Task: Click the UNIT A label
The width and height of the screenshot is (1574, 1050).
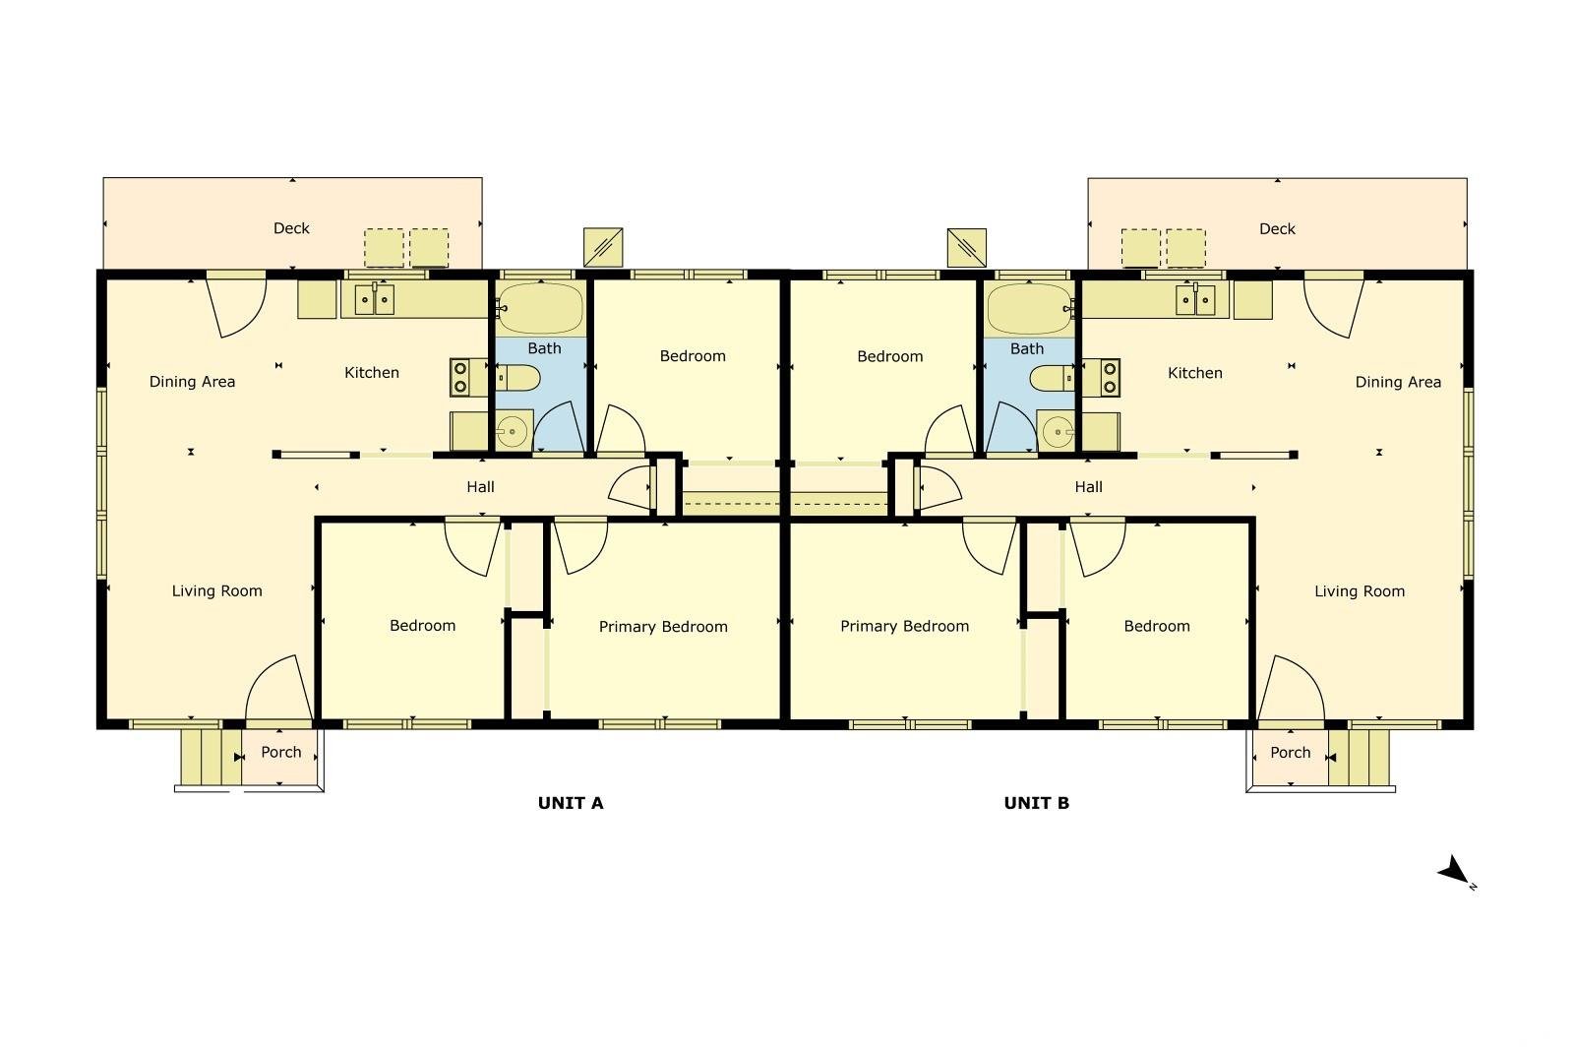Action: click(x=571, y=803)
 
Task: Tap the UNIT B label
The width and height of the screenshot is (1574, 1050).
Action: click(x=1037, y=803)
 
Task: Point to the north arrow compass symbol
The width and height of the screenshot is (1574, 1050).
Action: click(x=1455, y=872)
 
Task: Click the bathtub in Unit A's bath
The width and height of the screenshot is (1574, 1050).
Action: click(x=540, y=308)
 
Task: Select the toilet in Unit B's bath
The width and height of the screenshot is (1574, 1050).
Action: click(x=1052, y=379)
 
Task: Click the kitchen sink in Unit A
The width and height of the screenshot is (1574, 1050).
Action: click(x=374, y=300)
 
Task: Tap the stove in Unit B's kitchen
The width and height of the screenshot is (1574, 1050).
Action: click(x=1101, y=378)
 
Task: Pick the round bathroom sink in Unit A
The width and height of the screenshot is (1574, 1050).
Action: click(x=513, y=430)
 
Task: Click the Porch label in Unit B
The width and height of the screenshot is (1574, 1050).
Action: click(x=1290, y=753)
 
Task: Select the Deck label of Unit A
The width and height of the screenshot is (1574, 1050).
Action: click(x=291, y=228)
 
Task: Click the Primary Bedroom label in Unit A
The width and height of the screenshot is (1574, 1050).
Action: click(x=663, y=627)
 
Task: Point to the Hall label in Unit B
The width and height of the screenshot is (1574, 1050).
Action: click(x=1088, y=486)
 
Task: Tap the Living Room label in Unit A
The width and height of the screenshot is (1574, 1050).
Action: click(x=217, y=591)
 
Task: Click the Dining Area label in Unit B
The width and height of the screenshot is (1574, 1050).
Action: click(x=1398, y=383)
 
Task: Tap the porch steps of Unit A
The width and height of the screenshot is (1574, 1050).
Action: click(x=212, y=758)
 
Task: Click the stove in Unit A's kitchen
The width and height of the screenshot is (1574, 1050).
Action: click(x=468, y=378)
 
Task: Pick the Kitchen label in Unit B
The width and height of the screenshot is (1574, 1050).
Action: click(x=1194, y=373)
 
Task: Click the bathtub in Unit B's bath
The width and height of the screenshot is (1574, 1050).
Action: click(x=1030, y=309)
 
